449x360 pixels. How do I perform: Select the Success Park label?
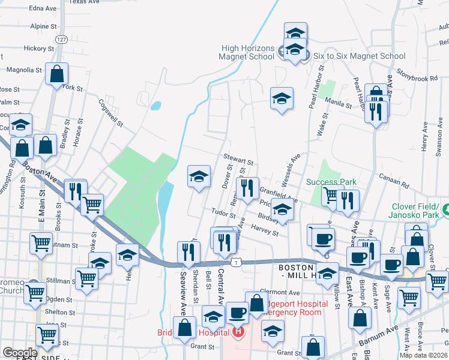[331, 182]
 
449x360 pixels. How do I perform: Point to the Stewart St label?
[239, 160]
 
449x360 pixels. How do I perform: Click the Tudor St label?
[223, 214]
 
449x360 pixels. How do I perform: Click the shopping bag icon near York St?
[56, 74]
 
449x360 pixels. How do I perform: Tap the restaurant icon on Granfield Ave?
[247, 188]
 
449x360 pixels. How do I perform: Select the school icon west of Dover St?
[199, 176]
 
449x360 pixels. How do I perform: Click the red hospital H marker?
[240, 331]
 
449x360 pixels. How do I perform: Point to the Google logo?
[20, 352]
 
